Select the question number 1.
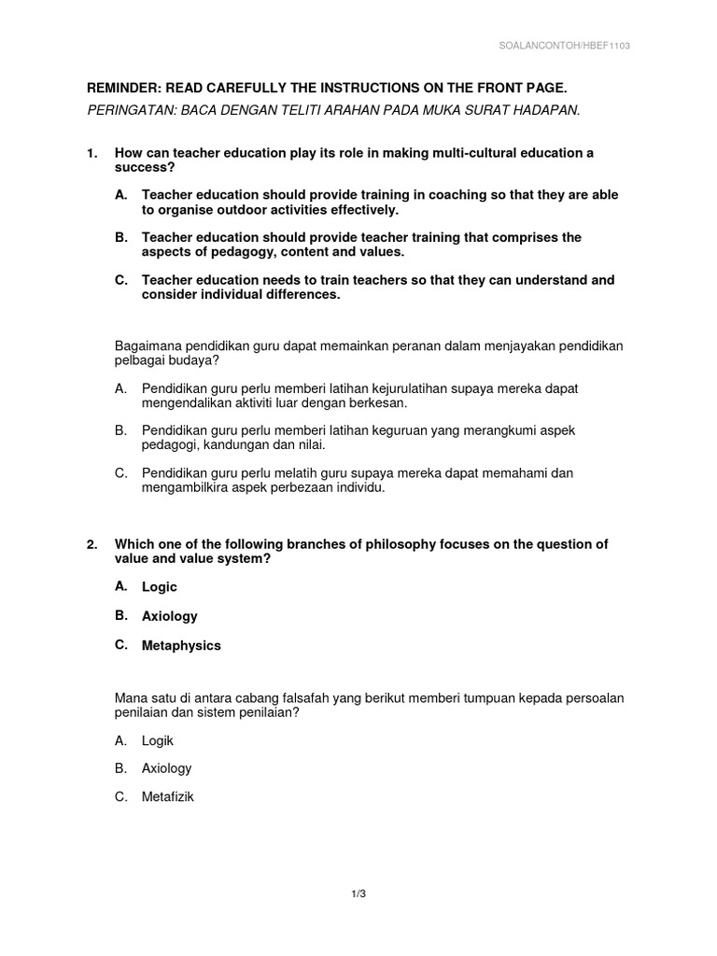91,152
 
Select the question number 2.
91,544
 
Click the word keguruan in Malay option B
385,430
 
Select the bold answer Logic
159,587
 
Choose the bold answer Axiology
169,616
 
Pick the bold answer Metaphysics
181,645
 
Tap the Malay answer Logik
158,740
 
